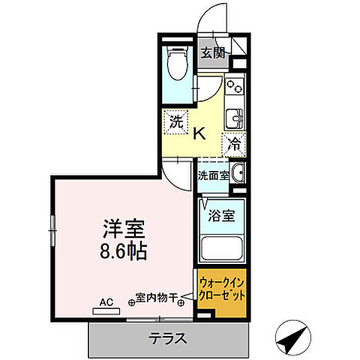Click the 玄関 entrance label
tap(212, 52)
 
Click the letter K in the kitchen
tap(199, 134)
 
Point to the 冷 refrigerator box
tap(234, 142)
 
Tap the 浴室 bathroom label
tap(221, 216)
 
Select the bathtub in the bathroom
tap(222, 248)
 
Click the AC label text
tap(106, 302)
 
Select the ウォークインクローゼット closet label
tap(221, 289)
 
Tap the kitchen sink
tap(235, 118)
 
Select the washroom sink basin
tap(238, 172)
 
